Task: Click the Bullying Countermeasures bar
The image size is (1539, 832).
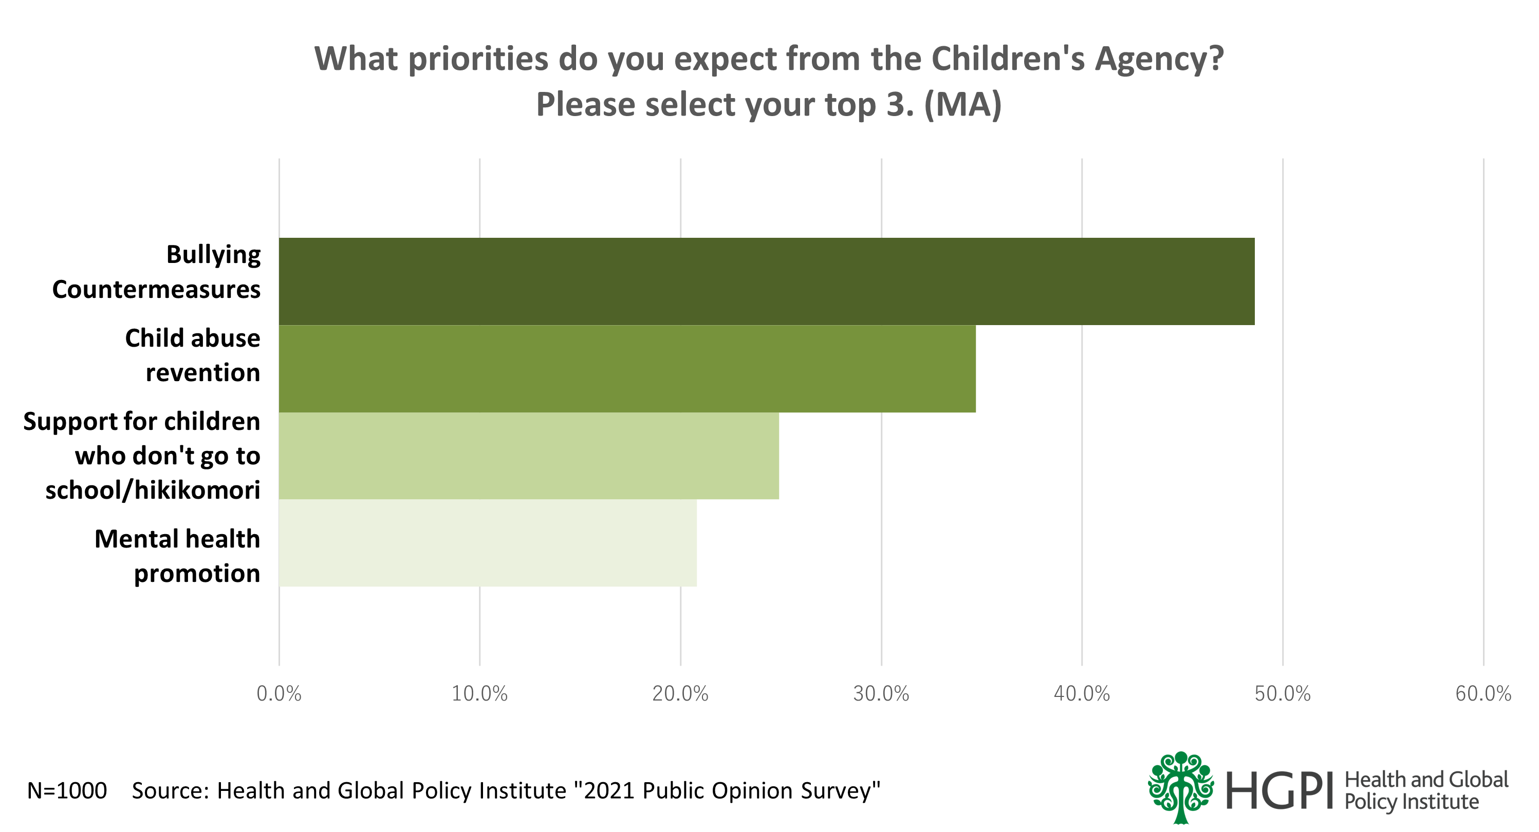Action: pos(766,281)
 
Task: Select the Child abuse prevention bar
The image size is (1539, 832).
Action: pos(627,369)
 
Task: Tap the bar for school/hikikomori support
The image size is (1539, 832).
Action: pos(528,456)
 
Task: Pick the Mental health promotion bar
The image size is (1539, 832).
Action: pos(488,543)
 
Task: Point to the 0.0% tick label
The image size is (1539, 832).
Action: pos(279,694)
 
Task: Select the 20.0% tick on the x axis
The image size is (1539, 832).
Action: pos(680,694)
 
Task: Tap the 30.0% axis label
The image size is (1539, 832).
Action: pos(881,694)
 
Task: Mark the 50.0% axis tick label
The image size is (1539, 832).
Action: pos(1282,694)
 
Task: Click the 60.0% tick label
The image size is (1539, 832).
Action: pos(1483,694)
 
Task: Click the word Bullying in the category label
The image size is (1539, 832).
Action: pos(213,255)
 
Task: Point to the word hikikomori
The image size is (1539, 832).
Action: pos(197,490)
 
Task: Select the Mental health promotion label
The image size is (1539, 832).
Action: pos(177,556)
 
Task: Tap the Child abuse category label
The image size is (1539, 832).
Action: pos(192,355)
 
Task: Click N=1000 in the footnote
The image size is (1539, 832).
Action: pos(67,791)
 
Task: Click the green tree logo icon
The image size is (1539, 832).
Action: pos(1180,787)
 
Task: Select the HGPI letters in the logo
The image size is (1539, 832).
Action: pos(1279,791)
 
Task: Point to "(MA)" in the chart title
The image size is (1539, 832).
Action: pos(962,105)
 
